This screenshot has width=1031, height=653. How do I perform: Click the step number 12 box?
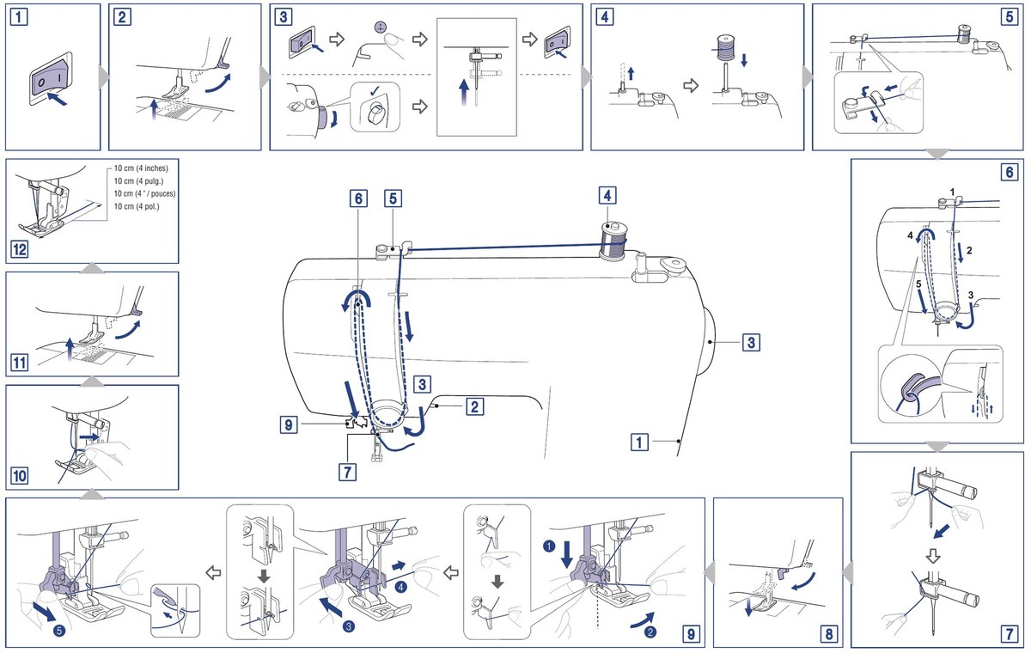(x=19, y=250)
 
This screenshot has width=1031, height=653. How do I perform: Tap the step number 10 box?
(x=19, y=475)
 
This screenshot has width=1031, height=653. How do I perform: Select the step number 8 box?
(x=828, y=634)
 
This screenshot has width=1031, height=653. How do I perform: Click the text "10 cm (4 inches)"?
(x=141, y=168)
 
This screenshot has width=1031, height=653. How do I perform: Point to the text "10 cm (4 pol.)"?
(x=137, y=206)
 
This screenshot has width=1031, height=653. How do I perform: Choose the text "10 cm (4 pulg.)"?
(x=138, y=181)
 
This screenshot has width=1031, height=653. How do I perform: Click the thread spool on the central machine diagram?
(x=613, y=241)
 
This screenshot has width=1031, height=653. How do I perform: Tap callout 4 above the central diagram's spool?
(x=607, y=196)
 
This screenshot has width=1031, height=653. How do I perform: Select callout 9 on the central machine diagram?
(x=289, y=424)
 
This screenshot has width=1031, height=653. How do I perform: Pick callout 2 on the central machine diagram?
(x=474, y=406)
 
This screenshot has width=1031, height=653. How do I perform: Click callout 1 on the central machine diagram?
(x=639, y=442)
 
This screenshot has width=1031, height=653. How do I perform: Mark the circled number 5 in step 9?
(x=59, y=631)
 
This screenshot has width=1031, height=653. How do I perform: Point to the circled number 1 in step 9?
(x=549, y=546)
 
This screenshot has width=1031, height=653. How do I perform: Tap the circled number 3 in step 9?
(x=349, y=626)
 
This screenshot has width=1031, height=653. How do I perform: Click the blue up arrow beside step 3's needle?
(x=465, y=93)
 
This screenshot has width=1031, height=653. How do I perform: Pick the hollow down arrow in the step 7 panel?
(x=933, y=557)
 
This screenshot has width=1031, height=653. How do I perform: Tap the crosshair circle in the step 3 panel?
(x=379, y=27)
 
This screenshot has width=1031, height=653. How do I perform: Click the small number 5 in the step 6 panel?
(x=919, y=284)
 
